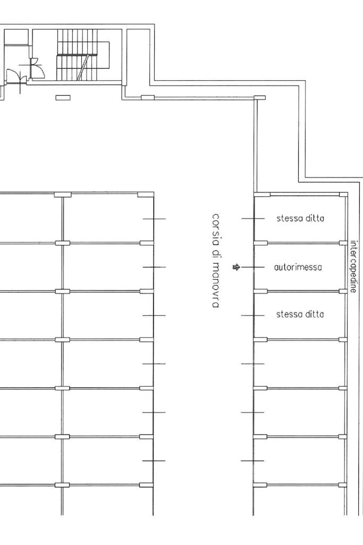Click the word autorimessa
coord(298,267)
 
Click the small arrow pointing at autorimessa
coord(236,267)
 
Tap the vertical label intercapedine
coord(353,266)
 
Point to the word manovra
coord(216,285)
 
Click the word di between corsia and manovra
coord(216,254)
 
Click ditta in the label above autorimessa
coord(315,219)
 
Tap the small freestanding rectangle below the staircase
coord(63,98)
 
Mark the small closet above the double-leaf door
coord(16,37)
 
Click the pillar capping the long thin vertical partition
coord(259,98)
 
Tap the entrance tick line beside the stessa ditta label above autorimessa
coord(253,219)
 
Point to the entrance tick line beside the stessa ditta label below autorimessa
coord(252,316)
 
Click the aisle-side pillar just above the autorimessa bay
coord(260,243)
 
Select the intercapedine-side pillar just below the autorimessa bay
coord(343,291)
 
